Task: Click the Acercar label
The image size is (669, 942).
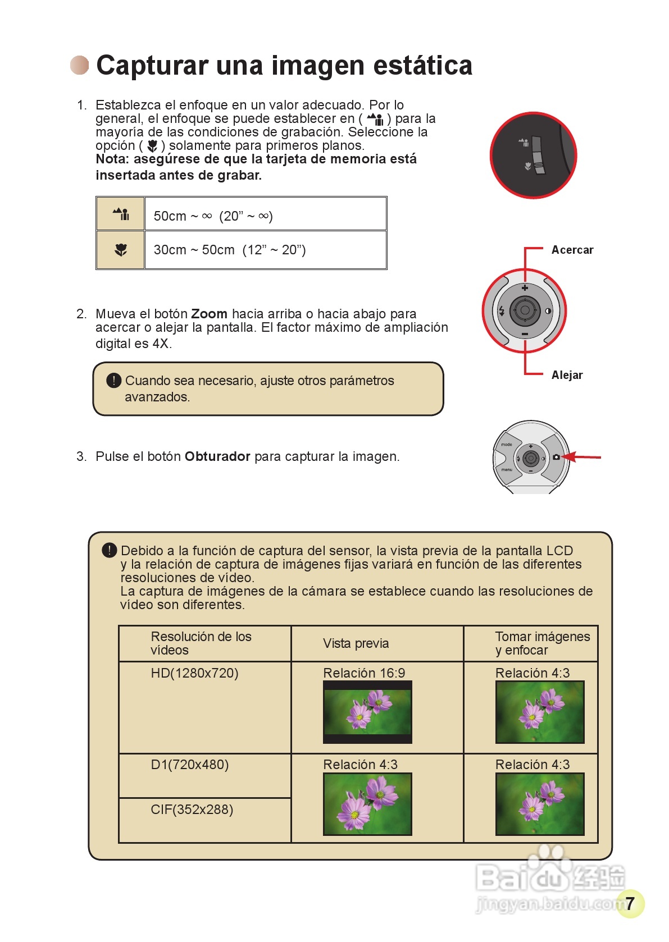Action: tap(572, 250)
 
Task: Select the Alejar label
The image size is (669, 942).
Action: tap(567, 375)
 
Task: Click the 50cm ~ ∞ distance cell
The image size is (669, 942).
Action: tap(265, 216)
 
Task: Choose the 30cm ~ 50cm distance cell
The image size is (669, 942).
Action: tap(265, 250)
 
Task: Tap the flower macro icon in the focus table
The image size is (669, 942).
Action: tap(121, 250)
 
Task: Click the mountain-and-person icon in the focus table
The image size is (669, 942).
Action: tap(121, 214)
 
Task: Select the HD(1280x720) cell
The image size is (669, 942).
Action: tap(194, 673)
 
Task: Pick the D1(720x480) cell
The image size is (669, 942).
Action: tap(190, 765)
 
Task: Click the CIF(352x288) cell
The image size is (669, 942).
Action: tap(192, 810)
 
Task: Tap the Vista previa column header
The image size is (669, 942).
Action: tap(356, 643)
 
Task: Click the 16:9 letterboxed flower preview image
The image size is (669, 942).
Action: tap(367, 712)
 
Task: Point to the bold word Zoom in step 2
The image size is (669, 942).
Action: tap(209, 314)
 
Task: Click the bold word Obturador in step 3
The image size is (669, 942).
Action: tap(217, 456)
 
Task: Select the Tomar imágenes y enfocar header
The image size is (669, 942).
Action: tap(542, 643)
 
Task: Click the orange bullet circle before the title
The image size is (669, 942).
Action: tap(80, 65)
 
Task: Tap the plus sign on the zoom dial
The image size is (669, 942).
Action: tap(525, 288)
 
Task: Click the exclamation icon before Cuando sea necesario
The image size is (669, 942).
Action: tap(113, 381)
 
